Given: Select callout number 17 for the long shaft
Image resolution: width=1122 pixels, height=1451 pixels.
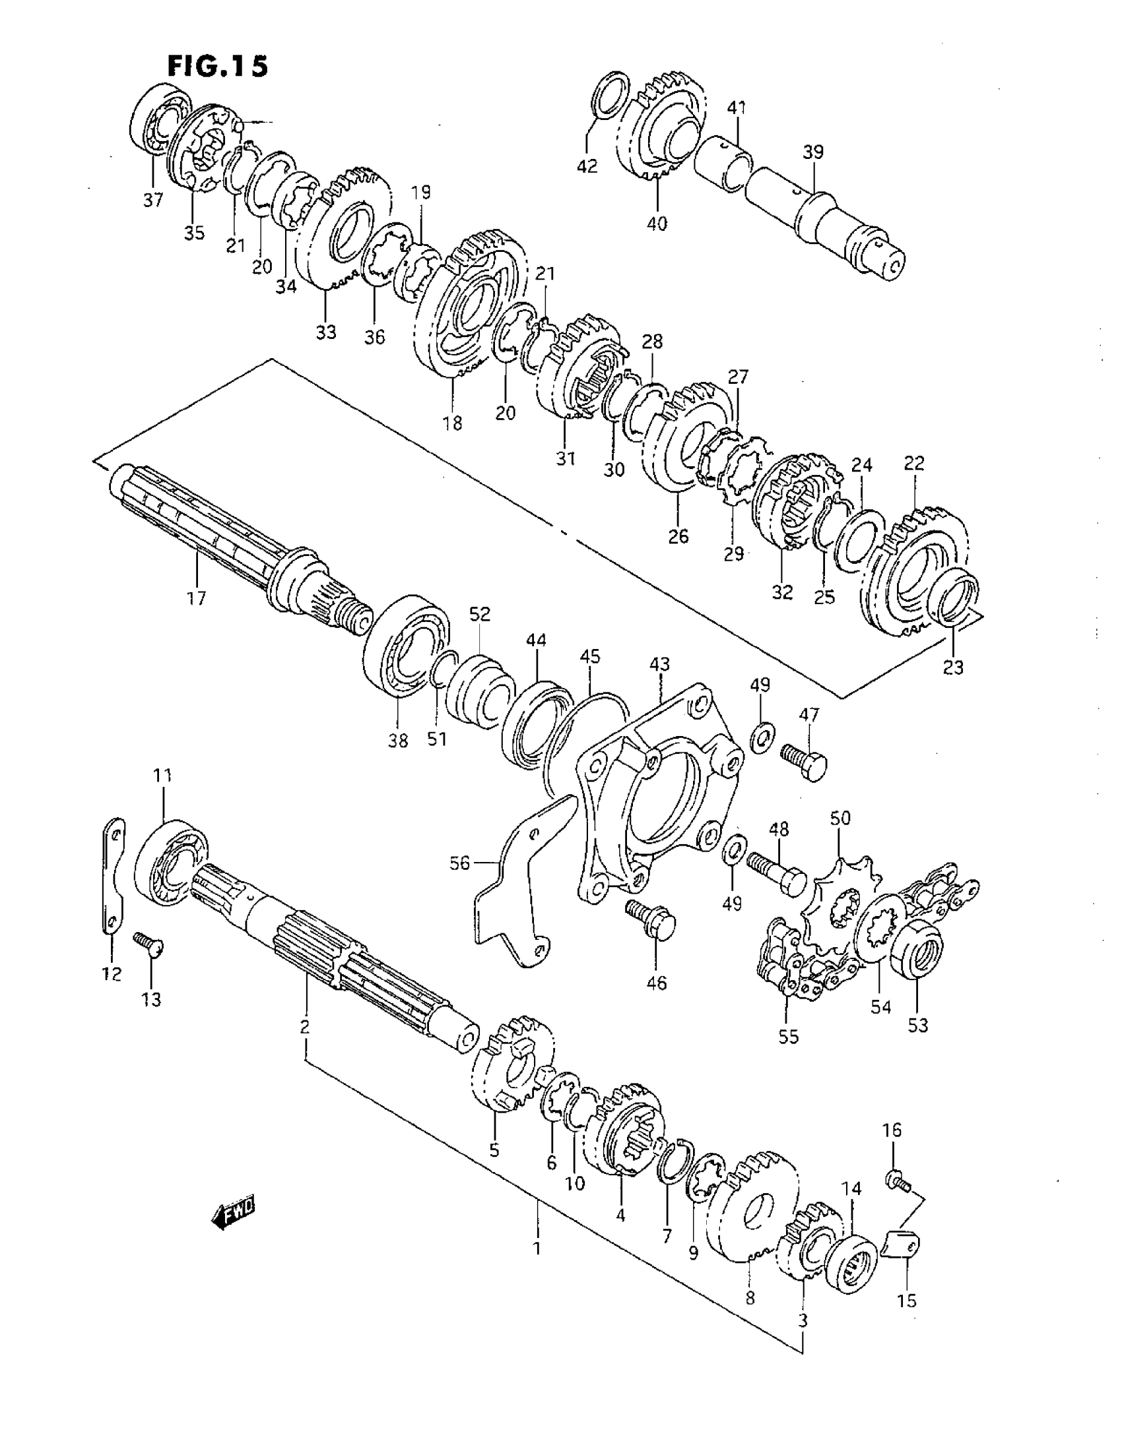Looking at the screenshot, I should (197, 599).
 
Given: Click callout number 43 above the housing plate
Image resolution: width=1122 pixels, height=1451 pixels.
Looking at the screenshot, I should (659, 664).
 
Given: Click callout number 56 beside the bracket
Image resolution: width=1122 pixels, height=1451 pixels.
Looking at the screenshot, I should (459, 863).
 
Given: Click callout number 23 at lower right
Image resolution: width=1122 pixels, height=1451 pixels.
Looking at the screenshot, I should (953, 667).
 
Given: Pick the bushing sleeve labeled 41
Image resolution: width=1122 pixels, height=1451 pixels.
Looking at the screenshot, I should (723, 164).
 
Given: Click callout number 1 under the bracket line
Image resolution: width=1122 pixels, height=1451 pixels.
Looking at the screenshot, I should (537, 1249).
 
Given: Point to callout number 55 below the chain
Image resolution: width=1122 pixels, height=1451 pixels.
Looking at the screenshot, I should (788, 1035).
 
